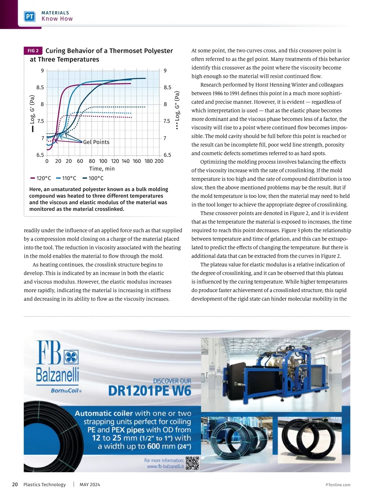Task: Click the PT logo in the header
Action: click(30, 16)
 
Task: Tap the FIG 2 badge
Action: click(33, 51)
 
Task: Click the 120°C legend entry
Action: click(41, 178)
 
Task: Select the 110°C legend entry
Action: click(66, 178)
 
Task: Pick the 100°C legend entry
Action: click(93, 178)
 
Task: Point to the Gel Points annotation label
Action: click(96, 142)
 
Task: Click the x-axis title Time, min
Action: click(102, 169)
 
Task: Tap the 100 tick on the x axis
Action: click(103, 161)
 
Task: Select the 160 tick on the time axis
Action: click(137, 161)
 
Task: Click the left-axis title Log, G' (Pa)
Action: click(32, 109)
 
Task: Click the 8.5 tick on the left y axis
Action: click(40, 87)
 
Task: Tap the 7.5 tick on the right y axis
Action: click(167, 121)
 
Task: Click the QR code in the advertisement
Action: click(192, 463)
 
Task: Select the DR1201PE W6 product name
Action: click(150, 391)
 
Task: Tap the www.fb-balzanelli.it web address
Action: click(165, 467)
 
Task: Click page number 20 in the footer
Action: click(15, 485)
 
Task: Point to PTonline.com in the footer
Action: click(338, 485)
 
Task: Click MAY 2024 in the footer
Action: click(90, 485)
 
